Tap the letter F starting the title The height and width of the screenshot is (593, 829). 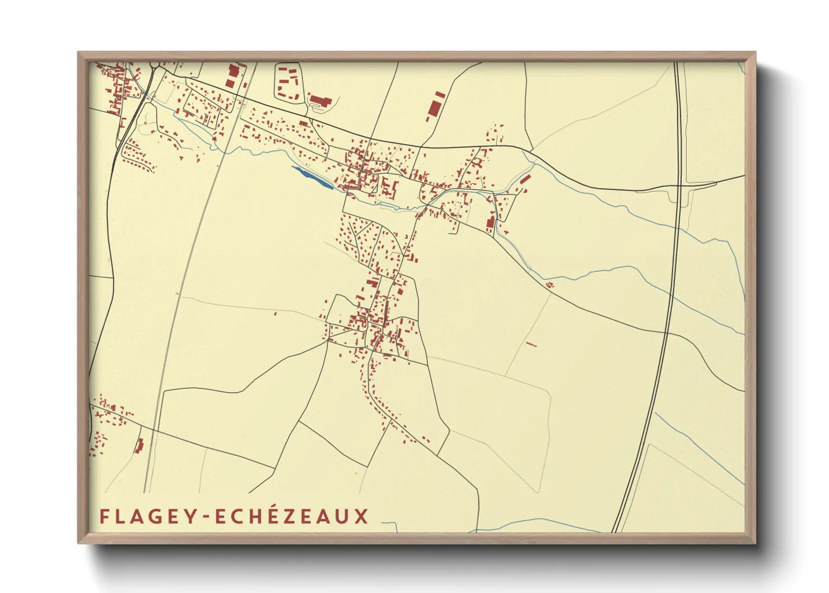tap(104, 516)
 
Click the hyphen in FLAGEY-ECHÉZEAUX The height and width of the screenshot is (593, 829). tap(207, 517)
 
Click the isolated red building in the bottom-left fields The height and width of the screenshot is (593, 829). tap(139, 446)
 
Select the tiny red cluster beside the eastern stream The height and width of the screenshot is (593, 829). tap(549, 285)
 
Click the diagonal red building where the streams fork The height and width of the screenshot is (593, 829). tap(525, 179)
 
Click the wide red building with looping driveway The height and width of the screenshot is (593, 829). tap(320, 101)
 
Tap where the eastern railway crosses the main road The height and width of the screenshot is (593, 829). tap(680, 185)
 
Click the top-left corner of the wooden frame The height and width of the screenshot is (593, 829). tap(78, 52)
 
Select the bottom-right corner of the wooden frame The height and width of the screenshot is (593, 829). tap(756, 543)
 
